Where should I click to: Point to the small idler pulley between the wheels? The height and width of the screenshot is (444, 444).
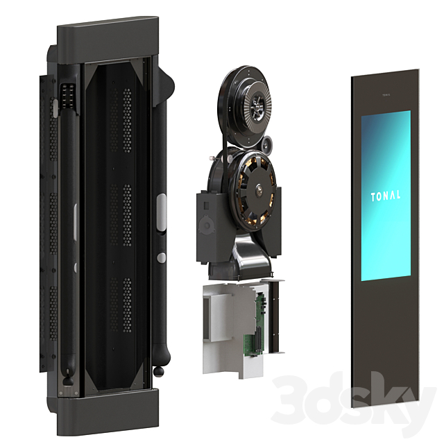point(267,146)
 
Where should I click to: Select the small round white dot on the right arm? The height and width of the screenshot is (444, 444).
point(160,257)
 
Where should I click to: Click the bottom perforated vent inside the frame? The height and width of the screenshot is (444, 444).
point(126,305)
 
